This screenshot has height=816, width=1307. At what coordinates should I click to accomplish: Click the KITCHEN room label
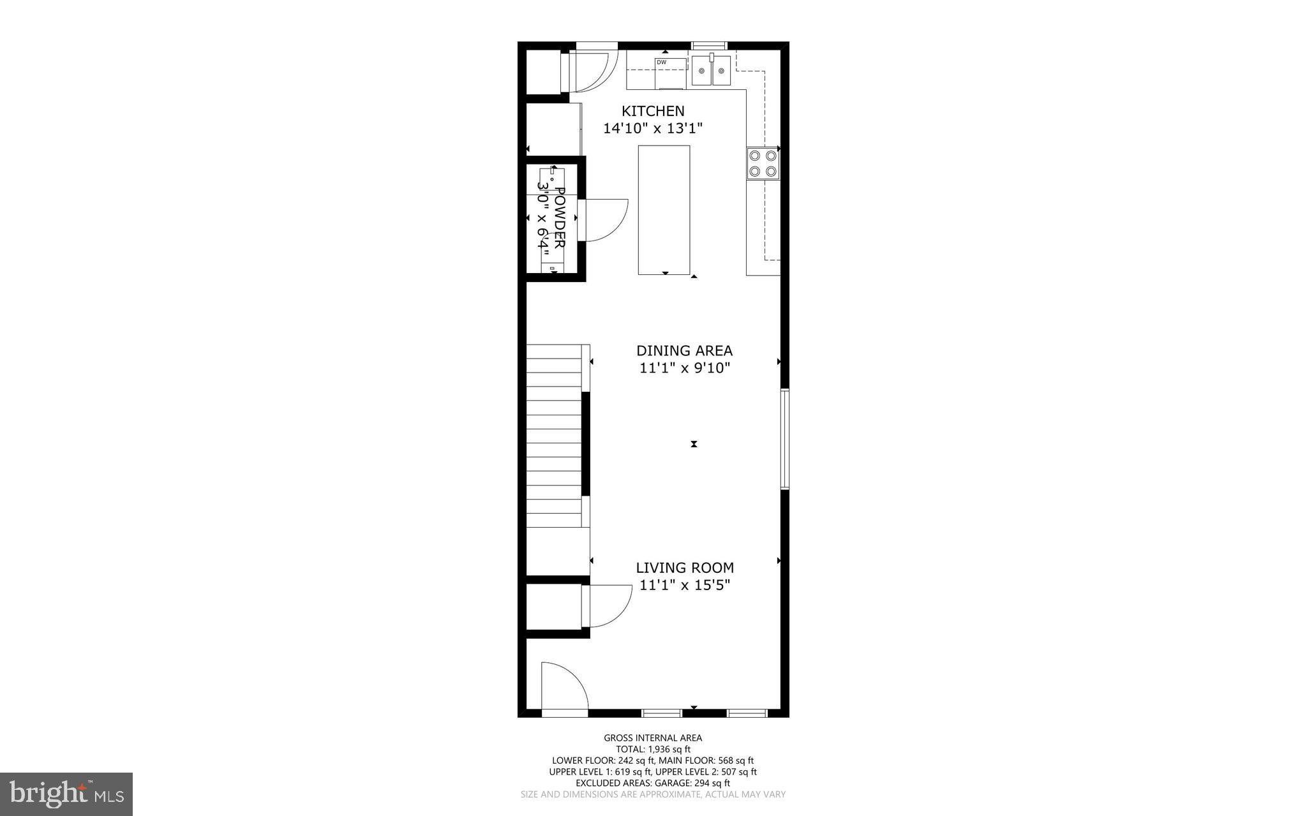pyautogui.click(x=653, y=111)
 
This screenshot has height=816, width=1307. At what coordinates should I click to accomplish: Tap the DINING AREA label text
pyautogui.click(x=684, y=350)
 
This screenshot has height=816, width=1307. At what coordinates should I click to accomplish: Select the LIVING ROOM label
pyautogui.click(x=684, y=568)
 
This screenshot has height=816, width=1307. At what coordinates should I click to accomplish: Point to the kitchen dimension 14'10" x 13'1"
pyautogui.click(x=653, y=128)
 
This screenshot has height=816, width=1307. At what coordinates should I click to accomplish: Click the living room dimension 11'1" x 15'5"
pyautogui.click(x=684, y=585)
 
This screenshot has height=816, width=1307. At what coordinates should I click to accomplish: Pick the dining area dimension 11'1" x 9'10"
pyautogui.click(x=684, y=368)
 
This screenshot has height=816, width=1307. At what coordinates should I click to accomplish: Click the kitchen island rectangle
pyautogui.click(x=664, y=210)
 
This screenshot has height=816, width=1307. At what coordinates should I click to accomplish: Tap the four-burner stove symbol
pyautogui.click(x=763, y=163)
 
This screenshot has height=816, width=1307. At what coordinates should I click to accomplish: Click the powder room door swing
pyautogui.click(x=603, y=220)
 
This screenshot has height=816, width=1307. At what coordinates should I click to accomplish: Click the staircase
pyautogui.click(x=554, y=436)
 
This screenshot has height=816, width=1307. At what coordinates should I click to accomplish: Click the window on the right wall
pyautogui.click(x=785, y=439)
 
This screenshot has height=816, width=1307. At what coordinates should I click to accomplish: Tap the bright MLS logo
pyautogui.click(x=66, y=794)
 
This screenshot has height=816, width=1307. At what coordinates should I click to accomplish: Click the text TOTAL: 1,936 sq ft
pyautogui.click(x=653, y=750)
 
